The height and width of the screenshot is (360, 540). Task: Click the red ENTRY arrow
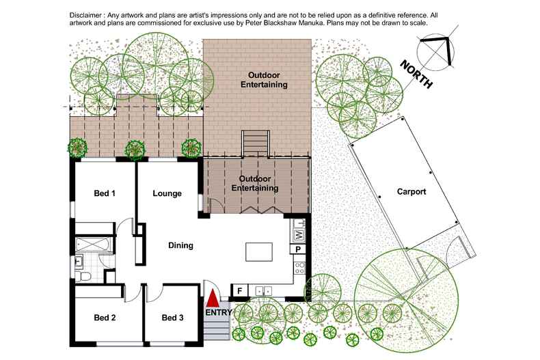coord(213,298)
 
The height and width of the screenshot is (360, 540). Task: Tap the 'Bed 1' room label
coord(104,193)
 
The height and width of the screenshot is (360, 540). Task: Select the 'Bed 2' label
coord(104,317)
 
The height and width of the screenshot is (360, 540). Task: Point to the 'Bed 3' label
coord(173,317)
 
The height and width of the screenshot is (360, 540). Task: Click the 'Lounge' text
coord(167,193)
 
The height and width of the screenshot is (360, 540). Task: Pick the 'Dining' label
coord(181,245)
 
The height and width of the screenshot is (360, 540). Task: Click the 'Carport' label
coord(411,192)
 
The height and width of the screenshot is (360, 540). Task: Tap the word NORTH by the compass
coord(416,74)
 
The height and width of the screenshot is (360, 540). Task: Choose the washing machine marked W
coord(299,235)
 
